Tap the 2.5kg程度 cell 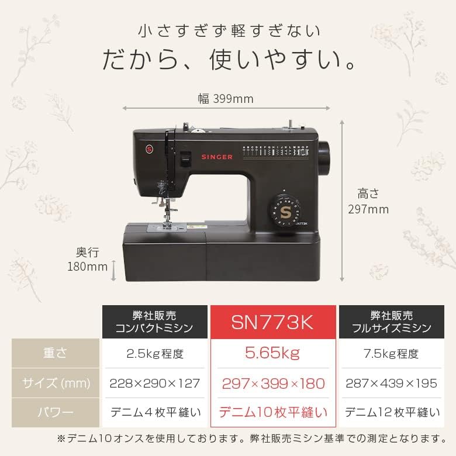pyautogui.click(x=156, y=354)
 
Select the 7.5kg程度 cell pyautogui.click(x=391, y=354)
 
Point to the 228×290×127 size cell pyautogui.click(x=156, y=384)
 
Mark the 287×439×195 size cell pyautogui.click(x=391, y=384)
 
